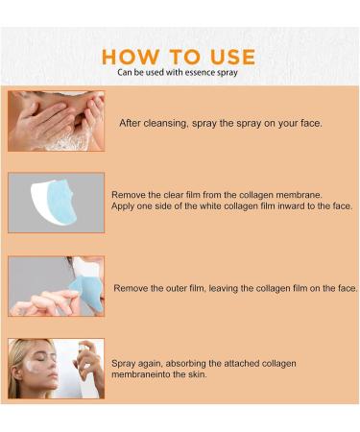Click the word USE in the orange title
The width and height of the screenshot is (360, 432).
click(232, 56)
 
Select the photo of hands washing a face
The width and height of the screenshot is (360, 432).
click(56, 121)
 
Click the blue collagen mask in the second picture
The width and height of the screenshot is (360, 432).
click(69, 204)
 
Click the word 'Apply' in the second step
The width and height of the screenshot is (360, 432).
click(125, 206)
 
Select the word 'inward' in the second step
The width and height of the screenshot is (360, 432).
click(288, 206)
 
